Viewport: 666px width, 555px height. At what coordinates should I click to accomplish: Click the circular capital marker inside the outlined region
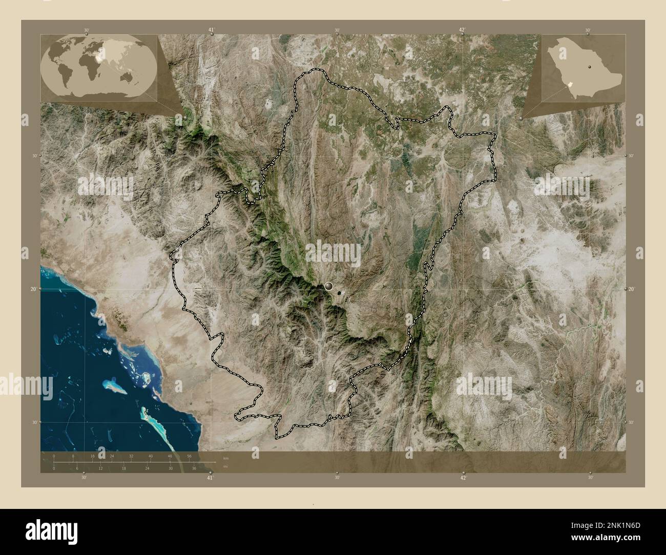tap(328, 287)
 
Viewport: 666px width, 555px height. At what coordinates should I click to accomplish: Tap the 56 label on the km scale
tap(189, 456)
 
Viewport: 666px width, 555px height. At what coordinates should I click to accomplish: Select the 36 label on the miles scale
tap(194, 468)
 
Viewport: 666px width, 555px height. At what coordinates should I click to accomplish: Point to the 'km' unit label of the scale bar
tap(226, 458)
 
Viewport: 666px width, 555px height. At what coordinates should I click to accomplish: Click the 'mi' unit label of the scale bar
tap(225, 466)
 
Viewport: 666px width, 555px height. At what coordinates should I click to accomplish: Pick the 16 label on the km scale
tap(92, 456)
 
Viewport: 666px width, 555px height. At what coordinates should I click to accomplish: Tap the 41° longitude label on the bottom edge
tap(210, 478)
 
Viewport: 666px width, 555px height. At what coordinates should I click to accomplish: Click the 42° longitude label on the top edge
tap(463, 30)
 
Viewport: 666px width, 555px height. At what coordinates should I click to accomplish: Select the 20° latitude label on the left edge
tap(33, 289)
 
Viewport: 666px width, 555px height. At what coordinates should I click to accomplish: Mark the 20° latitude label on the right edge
tap(632, 289)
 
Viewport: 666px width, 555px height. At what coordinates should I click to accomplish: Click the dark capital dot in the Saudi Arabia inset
tap(590, 67)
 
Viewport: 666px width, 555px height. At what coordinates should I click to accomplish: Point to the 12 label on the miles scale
tap(100, 468)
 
